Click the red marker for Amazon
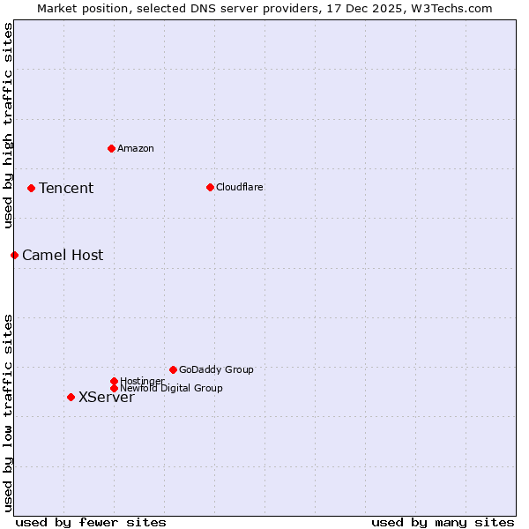(x=111, y=148)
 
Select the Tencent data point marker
(x=31, y=188)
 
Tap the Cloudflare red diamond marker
(x=210, y=187)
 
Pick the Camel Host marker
(x=14, y=255)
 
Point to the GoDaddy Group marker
(x=173, y=369)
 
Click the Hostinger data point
(x=114, y=381)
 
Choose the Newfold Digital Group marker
(x=114, y=388)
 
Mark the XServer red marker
(x=71, y=397)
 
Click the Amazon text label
(x=136, y=148)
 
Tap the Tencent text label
(x=66, y=188)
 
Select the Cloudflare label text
(x=240, y=187)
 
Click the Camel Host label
(x=63, y=256)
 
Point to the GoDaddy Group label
(x=216, y=369)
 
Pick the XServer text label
(x=107, y=398)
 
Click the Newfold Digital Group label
(x=171, y=388)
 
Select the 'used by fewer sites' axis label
(x=91, y=522)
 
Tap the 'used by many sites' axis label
(x=443, y=522)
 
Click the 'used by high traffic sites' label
(x=8, y=125)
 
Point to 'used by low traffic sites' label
(x=8, y=413)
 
